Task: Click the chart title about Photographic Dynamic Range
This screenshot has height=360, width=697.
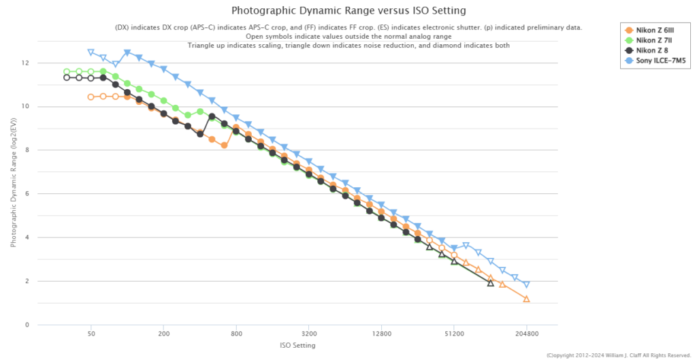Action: [x=348, y=11]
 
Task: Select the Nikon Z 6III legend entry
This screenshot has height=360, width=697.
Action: [x=655, y=30]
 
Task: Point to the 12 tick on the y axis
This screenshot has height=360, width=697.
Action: [x=25, y=63]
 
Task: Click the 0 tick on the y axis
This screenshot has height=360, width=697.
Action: [x=27, y=325]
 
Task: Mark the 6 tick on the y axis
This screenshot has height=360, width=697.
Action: [x=27, y=194]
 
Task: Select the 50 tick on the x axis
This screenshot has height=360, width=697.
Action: [x=91, y=335]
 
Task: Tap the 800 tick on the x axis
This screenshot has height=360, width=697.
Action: [x=236, y=335]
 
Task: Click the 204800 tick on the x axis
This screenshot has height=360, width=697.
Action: [x=526, y=335]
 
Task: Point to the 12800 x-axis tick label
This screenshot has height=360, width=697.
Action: [x=381, y=335]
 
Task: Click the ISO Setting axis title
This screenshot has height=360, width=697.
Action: [x=297, y=346]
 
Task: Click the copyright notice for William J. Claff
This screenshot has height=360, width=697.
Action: [x=618, y=355]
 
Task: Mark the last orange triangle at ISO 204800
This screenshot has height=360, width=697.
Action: [x=526, y=299]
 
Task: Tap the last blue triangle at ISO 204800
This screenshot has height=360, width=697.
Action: [x=526, y=284]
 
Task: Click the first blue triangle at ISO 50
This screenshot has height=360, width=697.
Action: [x=91, y=52]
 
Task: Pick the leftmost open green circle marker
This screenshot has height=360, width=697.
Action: [x=67, y=71]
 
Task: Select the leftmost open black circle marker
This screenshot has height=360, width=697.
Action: [x=67, y=78]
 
